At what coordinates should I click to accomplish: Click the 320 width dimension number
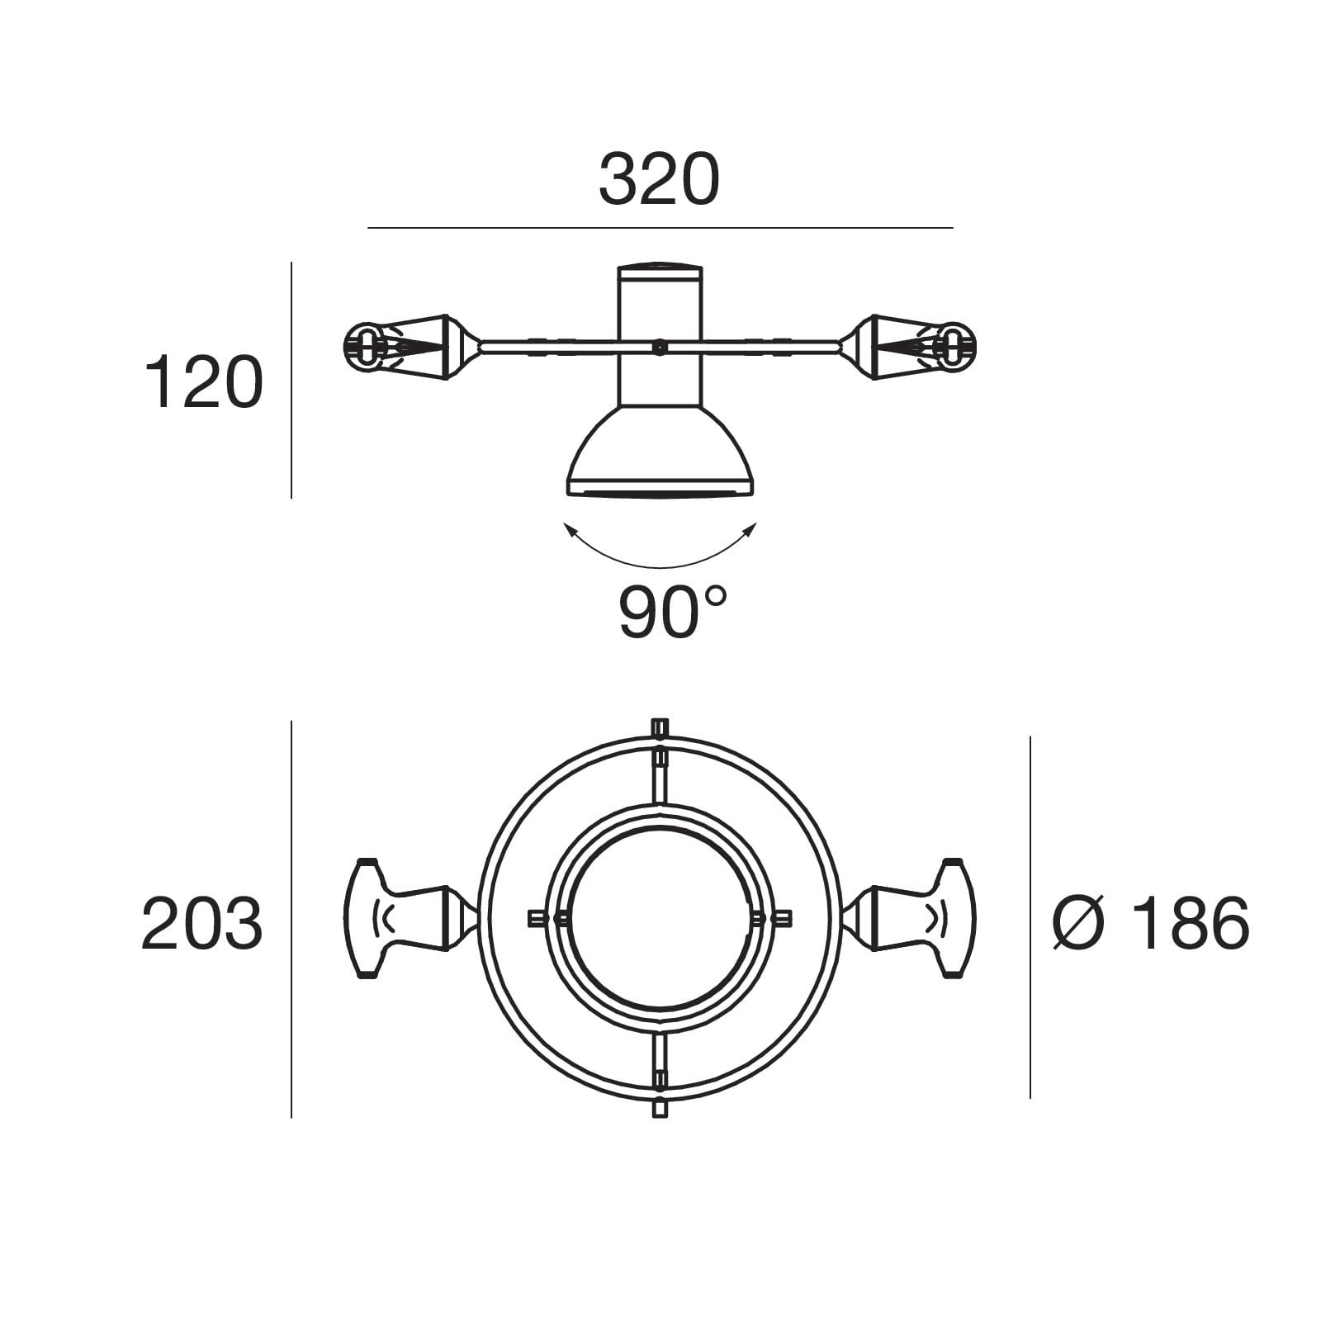point(659,180)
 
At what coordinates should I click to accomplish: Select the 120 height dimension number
point(203,383)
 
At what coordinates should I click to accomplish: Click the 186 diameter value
point(1191,923)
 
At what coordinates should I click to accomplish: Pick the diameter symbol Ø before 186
point(1078,923)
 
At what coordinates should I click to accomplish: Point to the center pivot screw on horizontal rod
point(659,347)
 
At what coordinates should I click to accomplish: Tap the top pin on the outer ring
point(659,728)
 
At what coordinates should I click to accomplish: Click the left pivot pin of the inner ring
point(545,918)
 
